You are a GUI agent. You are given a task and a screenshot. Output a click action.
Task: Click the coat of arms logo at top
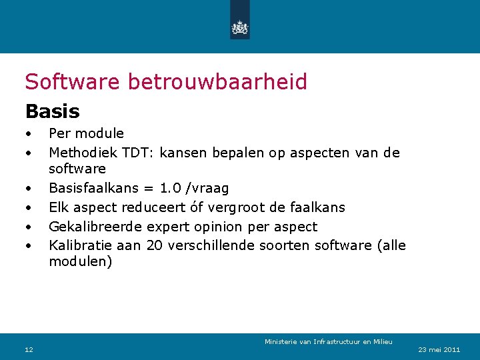click(239, 27)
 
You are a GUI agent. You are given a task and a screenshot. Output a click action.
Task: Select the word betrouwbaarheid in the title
click(217, 81)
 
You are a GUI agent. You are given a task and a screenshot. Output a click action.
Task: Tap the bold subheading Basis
click(52, 111)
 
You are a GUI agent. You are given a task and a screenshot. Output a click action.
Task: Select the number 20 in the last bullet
click(153, 245)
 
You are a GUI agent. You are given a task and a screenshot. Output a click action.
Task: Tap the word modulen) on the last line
click(81, 262)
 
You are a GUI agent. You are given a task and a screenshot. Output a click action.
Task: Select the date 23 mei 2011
click(439, 349)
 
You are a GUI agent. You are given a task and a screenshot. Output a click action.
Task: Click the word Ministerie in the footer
click(281, 342)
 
